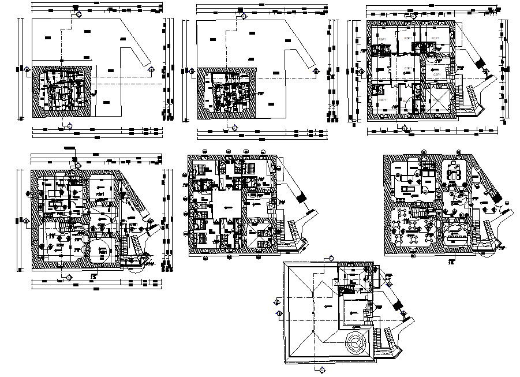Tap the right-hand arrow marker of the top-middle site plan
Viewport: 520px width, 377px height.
(x=316, y=70)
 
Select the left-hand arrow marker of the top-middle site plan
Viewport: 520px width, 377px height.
(x=192, y=70)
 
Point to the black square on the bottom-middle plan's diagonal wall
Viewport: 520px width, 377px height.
(x=301, y=198)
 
